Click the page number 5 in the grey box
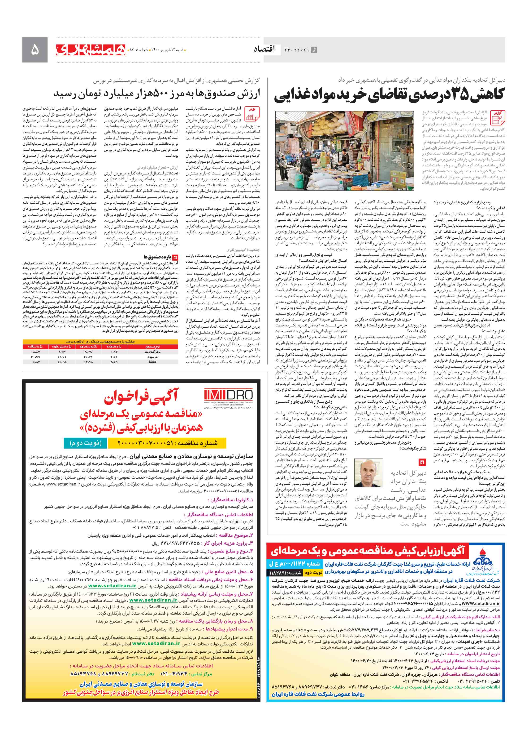35,50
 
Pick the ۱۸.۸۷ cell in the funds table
35,352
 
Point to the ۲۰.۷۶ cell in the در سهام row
88,357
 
